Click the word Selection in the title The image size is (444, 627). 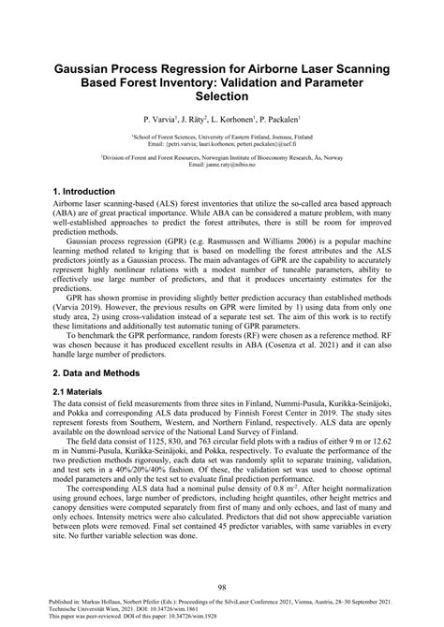[x=221, y=96]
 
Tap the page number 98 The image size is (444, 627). [x=222, y=587]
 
